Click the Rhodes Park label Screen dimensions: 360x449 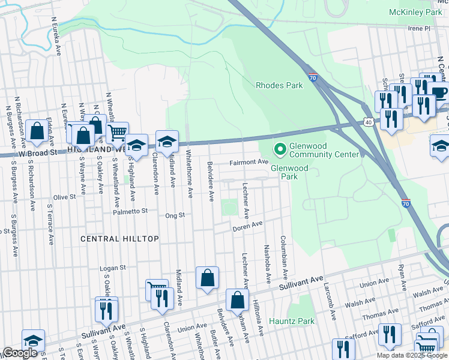(x=279, y=85)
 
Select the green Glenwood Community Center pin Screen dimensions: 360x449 (x=279, y=148)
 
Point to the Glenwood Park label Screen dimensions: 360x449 (x=289, y=172)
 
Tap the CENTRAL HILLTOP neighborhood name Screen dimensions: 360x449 (x=120, y=239)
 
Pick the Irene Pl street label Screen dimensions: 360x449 (x=419, y=28)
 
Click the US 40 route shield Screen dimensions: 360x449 (x=367, y=122)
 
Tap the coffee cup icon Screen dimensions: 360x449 (x=438, y=92)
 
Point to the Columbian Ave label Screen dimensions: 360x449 (x=284, y=257)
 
